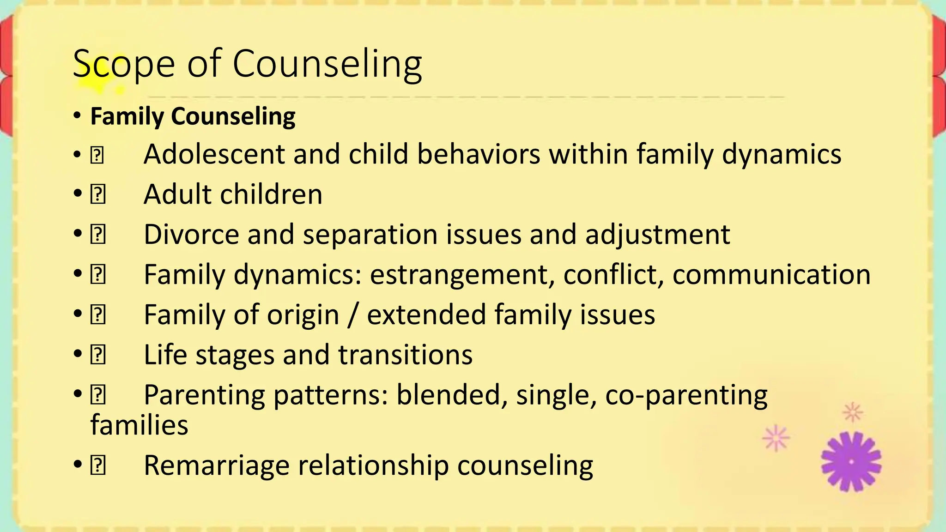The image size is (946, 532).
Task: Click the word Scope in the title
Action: click(x=124, y=64)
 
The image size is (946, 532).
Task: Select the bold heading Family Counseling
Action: click(x=193, y=116)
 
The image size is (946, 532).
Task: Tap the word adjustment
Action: click(x=657, y=234)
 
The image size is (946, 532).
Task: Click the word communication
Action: click(x=771, y=274)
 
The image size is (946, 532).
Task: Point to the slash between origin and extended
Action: click(x=353, y=314)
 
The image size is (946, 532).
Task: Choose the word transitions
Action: click(x=405, y=355)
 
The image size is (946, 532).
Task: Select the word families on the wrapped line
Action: click(x=139, y=425)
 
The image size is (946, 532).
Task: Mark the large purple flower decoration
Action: click(x=851, y=461)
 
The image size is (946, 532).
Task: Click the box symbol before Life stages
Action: click(x=98, y=355)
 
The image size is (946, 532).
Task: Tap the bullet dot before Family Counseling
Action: click(x=78, y=116)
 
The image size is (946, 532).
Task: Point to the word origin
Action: click(x=303, y=315)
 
